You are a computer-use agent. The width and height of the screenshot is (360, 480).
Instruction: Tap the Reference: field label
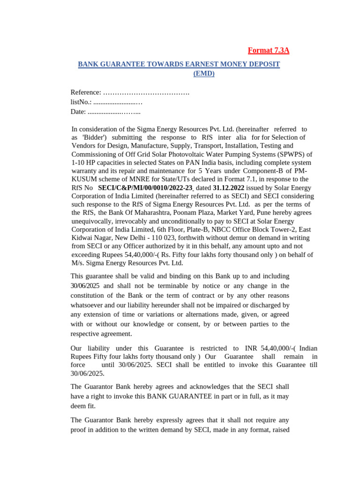[x=86, y=92]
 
